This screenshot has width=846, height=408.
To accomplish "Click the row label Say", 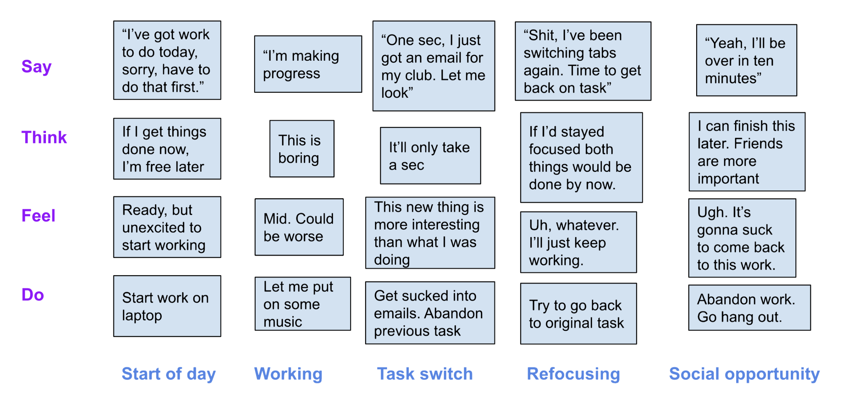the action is [x=36, y=67].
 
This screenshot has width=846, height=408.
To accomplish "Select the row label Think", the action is [x=44, y=137].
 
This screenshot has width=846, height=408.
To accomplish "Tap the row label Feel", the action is [x=39, y=216].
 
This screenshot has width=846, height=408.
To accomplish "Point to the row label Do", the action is [x=32, y=294].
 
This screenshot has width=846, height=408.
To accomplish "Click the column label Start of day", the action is [x=168, y=374].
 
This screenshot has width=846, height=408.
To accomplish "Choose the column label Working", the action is [x=288, y=374].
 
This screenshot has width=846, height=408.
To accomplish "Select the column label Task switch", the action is [x=425, y=374].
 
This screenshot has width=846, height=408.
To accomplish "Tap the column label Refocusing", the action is [x=573, y=374].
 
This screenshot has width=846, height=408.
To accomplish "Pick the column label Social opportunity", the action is [x=744, y=374].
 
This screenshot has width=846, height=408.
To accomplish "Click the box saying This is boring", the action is [x=302, y=149].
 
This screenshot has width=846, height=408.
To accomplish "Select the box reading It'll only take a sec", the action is [x=430, y=156].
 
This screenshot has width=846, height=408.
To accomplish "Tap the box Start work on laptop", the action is [x=167, y=306].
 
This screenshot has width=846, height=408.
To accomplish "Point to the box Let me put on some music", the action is [x=303, y=304].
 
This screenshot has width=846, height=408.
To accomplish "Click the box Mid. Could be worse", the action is [x=299, y=227].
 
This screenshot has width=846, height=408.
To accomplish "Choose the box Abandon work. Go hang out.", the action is [x=749, y=308].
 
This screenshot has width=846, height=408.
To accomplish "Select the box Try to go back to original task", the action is [x=578, y=313].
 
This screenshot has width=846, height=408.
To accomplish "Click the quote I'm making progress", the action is [x=308, y=64].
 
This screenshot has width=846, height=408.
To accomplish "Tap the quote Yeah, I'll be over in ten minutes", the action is [x=746, y=60].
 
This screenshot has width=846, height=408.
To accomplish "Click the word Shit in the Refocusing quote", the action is [x=540, y=35].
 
